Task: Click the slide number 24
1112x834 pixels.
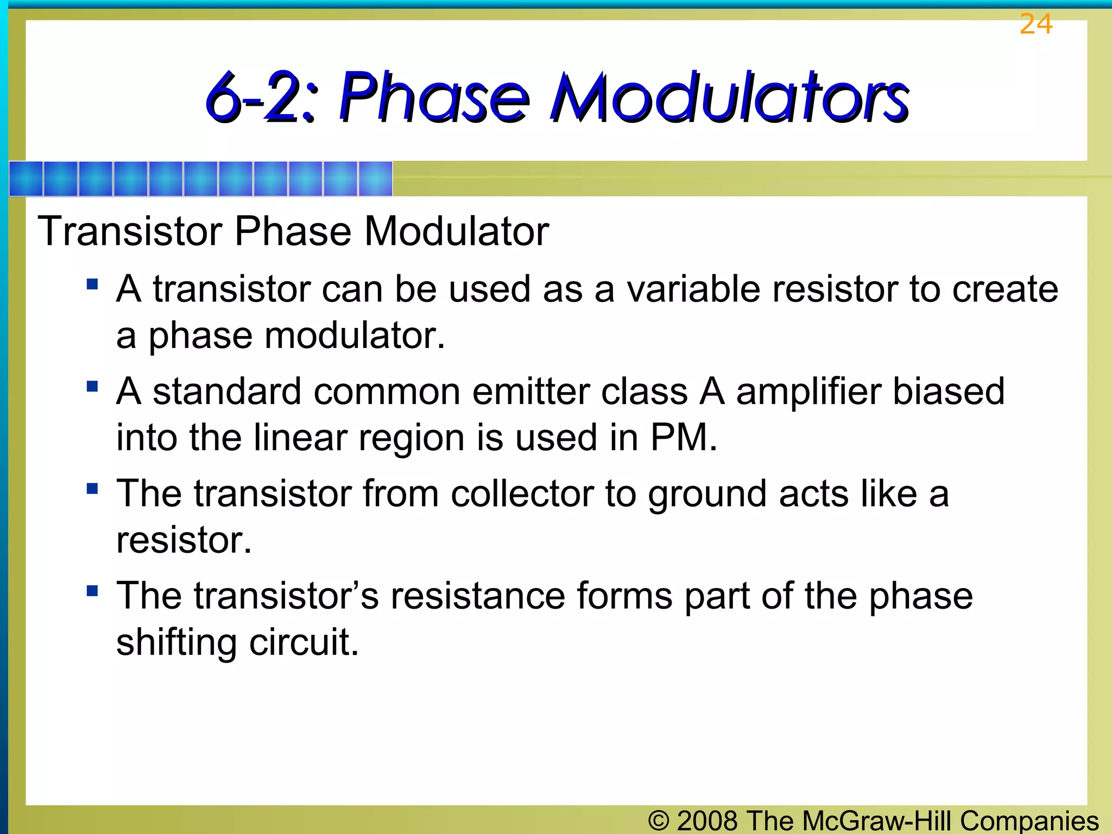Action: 1035,24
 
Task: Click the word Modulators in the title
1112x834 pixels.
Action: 729,98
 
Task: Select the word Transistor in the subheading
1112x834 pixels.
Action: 130,231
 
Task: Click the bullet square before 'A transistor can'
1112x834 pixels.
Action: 92,284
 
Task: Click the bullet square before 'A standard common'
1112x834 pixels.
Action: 92,386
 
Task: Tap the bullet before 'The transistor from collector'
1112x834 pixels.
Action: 92,488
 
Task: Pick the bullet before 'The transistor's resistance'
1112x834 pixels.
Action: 92,590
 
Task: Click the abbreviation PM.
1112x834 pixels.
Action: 684,437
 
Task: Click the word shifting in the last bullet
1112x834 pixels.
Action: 176,642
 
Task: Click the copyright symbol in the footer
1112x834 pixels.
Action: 659,820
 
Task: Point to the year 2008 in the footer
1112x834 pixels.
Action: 707,820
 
